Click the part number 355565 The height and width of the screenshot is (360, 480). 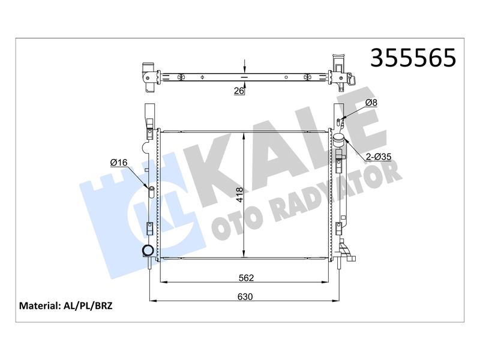click(413, 58)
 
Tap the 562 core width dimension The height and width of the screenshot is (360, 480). click(247, 278)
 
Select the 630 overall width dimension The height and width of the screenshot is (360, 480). click(245, 296)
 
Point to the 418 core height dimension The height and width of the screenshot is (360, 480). click(239, 194)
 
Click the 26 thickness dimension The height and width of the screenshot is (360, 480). click(239, 91)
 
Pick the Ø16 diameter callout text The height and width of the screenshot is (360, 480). click(119, 163)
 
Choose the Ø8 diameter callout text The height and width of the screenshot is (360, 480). click(371, 103)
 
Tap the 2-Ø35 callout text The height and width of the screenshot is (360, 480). click(379, 157)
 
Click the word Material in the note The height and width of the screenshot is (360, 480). click(39, 305)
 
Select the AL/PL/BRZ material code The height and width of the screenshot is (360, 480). click(88, 305)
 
